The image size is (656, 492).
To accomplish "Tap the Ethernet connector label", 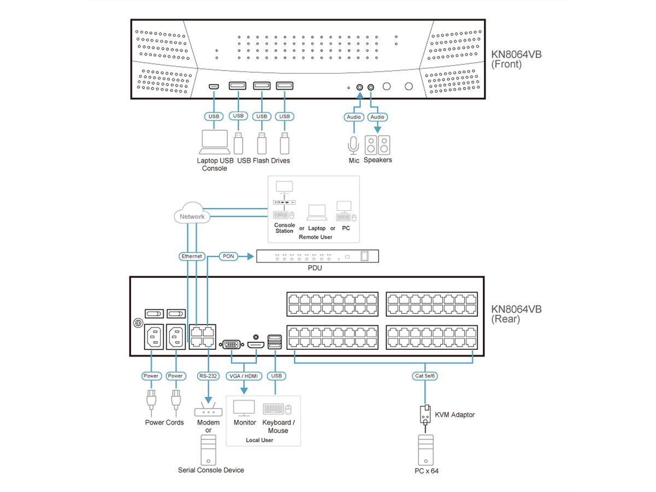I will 192,256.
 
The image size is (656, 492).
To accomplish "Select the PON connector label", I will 228,256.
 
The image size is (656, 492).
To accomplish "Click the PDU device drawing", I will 318,256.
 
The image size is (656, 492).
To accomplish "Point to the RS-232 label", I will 208,376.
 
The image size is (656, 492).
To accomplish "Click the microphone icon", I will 353,145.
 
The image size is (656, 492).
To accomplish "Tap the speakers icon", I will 378,145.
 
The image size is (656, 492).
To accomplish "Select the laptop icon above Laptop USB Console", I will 214,142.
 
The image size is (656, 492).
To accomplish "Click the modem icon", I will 208,411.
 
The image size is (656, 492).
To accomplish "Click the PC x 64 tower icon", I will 425,449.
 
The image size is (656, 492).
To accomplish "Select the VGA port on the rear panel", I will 231,344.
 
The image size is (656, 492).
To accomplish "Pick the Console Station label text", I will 284,228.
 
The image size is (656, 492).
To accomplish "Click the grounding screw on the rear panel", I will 137,324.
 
